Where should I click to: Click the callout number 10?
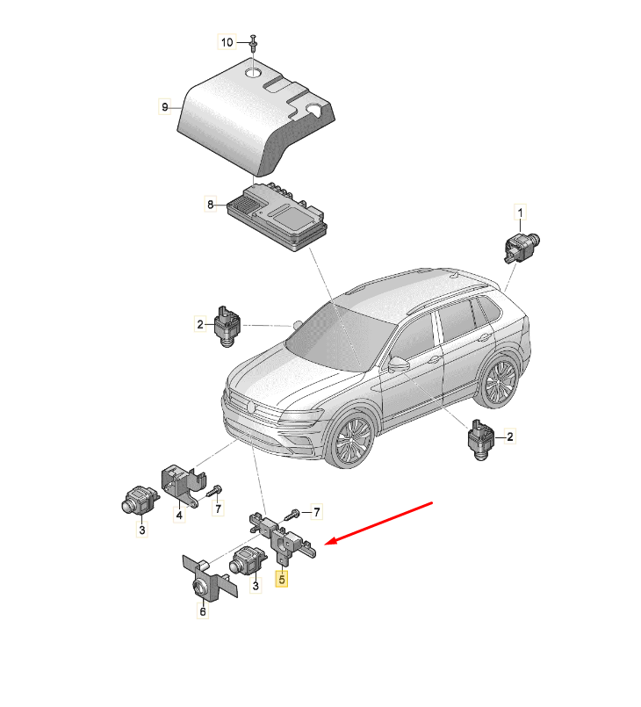point(227,42)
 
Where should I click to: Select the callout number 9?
point(165,107)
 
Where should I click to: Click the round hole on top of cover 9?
point(253,72)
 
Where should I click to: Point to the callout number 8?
point(211,205)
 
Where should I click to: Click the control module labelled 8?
point(277,217)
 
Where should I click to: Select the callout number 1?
point(521,213)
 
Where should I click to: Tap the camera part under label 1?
point(521,246)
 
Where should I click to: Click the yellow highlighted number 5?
point(282,579)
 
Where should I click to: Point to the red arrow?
point(378,523)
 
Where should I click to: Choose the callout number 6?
point(203,611)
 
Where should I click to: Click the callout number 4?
point(179,515)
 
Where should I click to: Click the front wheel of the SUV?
point(351,440)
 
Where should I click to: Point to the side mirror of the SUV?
point(399,364)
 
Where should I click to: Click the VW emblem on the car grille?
point(250,407)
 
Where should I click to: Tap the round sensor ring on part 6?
point(199,587)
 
